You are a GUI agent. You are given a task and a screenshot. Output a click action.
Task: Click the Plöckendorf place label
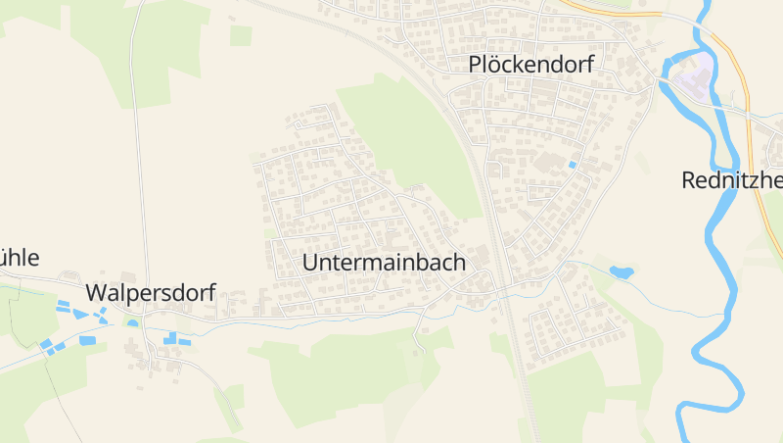pos(531,65)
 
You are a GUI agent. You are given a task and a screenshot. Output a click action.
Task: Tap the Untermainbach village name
pos(384,263)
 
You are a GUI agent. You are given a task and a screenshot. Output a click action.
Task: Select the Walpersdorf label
pos(150,293)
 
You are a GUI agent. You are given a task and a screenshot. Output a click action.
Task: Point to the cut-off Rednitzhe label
pos(732,180)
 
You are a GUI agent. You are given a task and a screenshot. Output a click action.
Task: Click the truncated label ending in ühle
pos(20,258)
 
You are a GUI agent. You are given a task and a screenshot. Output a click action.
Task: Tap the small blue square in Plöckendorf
pos(573,165)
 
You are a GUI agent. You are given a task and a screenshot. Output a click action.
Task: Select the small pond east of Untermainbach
pos(621,271)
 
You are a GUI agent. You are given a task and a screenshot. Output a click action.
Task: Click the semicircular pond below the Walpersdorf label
pos(133,322)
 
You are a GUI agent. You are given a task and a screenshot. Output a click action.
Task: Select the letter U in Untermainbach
pos(311,263)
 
